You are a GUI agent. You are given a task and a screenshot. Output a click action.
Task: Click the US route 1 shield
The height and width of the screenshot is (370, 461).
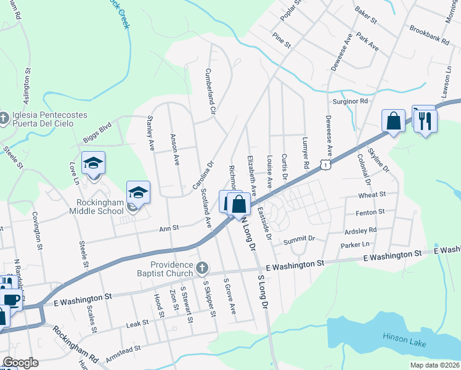[325, 163]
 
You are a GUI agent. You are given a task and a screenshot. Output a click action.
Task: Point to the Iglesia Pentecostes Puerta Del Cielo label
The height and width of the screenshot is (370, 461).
[48, 119]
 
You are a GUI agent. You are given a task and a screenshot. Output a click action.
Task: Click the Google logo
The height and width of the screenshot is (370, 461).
[20, 363]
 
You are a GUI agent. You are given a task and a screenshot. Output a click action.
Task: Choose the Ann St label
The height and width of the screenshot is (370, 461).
[169, 228]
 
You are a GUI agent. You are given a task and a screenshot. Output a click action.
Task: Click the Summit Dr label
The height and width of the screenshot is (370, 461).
[299, 239]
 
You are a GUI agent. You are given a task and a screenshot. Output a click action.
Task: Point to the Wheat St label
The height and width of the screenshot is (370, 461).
[373, 194]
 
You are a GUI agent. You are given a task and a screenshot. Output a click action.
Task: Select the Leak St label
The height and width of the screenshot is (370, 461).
[137, 323]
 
